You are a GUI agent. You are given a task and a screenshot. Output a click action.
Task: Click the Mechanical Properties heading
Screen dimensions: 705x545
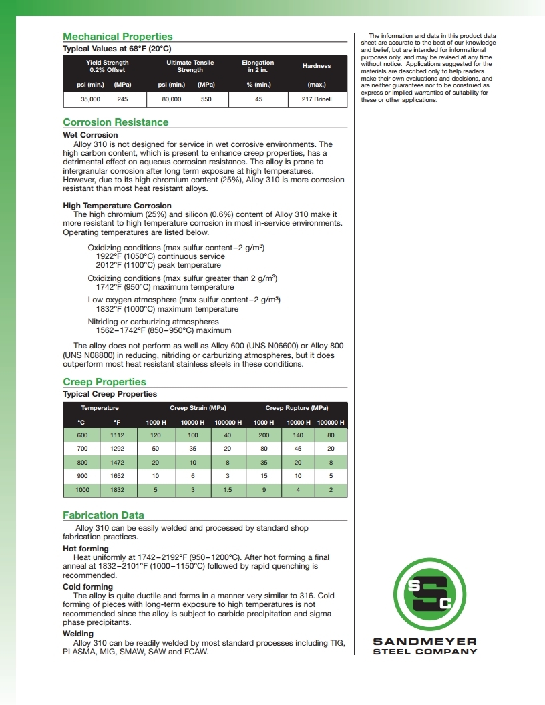click(x=118, y=37)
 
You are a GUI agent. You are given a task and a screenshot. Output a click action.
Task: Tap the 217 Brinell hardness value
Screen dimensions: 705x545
click(x=317, y=99)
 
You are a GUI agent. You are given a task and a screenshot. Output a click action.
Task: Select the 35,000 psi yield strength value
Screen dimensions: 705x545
click(x=89, y=99)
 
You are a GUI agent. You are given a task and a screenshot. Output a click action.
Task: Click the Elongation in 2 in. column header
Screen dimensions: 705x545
click(x=258, y=66)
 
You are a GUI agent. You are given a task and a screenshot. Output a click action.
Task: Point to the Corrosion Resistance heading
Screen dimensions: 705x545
click(x=116, y=122)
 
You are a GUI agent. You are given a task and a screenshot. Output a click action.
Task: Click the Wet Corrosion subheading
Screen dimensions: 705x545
click(x=90, y=135)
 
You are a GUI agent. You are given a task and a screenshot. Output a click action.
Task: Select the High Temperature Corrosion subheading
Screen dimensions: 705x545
click(x=117, y=206)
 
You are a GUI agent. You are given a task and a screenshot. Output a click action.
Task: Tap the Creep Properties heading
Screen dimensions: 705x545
click(x=104, y=382)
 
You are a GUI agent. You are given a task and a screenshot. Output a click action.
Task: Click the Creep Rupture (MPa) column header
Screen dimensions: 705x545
click(x=297, y=408)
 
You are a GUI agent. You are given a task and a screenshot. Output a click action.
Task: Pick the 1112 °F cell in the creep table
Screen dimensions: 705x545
click(x=117, y=435)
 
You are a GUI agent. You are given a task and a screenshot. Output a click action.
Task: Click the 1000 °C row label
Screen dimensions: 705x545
click(x=82, y=491)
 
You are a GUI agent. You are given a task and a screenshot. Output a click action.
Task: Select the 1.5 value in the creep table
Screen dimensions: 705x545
click(x=227, y=491)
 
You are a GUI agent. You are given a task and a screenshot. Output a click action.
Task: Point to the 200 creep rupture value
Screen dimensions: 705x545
click(x=264, y=435)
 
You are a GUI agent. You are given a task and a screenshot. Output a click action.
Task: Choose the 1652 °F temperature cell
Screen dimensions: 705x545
click(x=117, y=477)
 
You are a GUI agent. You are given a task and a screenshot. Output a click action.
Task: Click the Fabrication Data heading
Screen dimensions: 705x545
click(x=104, y=515)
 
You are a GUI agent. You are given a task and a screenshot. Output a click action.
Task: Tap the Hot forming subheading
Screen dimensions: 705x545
click(x=85, y=549)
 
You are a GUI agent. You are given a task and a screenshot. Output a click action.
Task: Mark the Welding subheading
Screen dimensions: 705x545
click(x=78, y=634)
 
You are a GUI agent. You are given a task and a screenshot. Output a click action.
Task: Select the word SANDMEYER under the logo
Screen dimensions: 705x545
click(x=425, y=642)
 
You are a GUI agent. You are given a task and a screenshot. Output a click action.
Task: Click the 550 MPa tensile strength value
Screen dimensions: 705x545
click(x=206, y=99)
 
